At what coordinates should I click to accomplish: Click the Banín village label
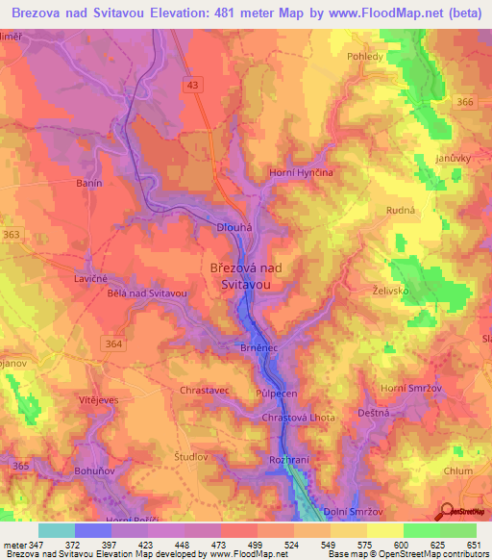coord(88,182)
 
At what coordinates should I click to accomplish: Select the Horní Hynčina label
coord(301,170)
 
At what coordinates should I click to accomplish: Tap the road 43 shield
coord(194,86)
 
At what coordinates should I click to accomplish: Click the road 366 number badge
coord(466,102)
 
